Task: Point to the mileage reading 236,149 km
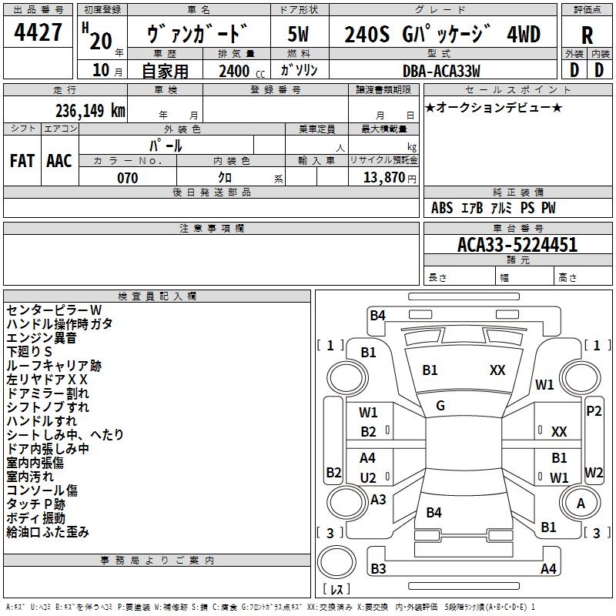pyautogui.click(x=89, y=111)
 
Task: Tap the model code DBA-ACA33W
pyautogui.click(x=441, y=71)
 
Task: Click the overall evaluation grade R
pyautogui.click(x=587, y=34)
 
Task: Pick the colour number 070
pyautogui.click(x=127, y=178)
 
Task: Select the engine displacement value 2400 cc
pyautogui.click(x=236, y=71)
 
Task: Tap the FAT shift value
pyautogui.click(x=22, y=161)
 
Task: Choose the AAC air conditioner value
pyautogui.click(x=59, y=161)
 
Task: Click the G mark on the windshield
pyautogui.click(x=440, y=405)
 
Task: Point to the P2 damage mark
pyautogui.click(x=594, y=411)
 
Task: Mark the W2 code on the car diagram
pyautogui.click(x=594, y=472)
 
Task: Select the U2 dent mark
pyautogui.click(x=368, y=477)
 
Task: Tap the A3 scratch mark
pyautogui.click(x=378, y=499)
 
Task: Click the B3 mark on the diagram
pyautogui.click(x=378, y=569)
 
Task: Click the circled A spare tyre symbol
pyautogui.click(x=581, y=503)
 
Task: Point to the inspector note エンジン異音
pyautogui.click(x=42, y=337)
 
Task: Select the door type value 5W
pyautogui.click(x=299, y=34)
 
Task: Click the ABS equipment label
pyautogui.click(x=442, y=208)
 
